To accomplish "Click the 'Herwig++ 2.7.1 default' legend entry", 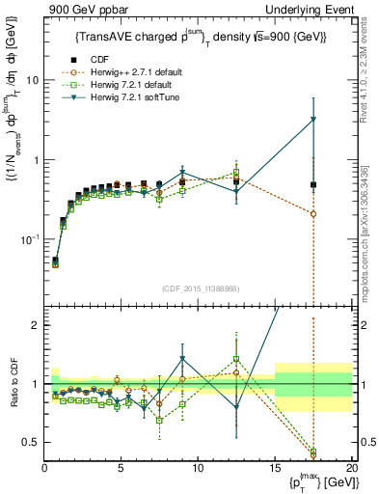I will point(149,71).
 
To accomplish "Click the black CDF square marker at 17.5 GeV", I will point(313,184).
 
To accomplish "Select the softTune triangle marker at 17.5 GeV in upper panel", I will point(313,120).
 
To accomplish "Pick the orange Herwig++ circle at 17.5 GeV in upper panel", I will point(313,214).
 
